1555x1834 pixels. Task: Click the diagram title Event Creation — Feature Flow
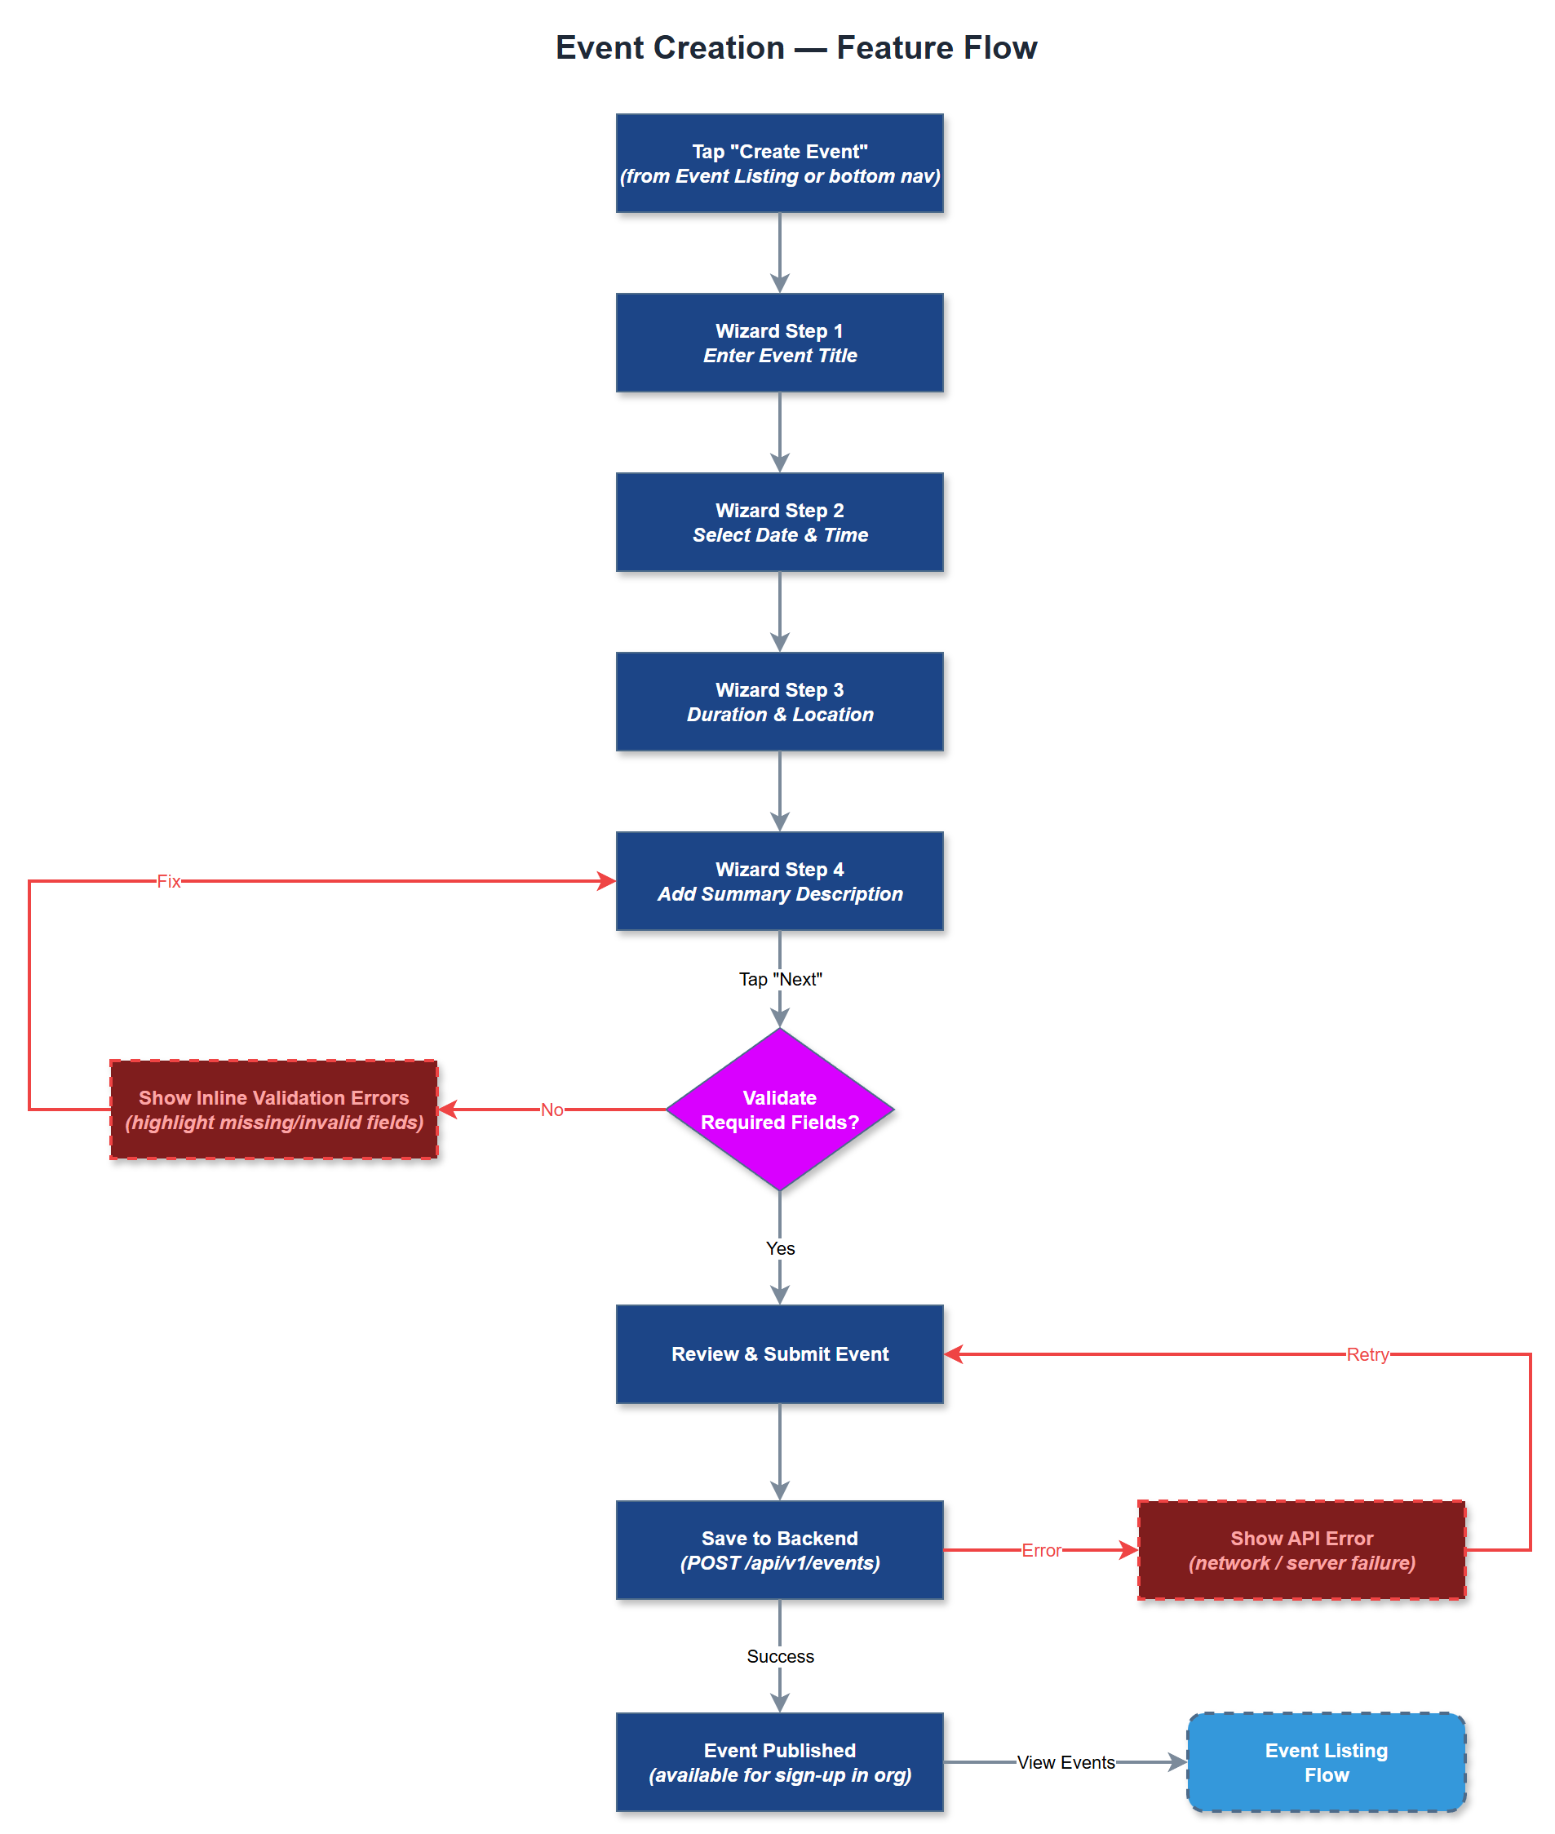click(795, 47)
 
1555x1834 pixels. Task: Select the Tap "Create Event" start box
click(779, 163)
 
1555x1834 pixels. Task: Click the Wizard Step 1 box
click(779, 343)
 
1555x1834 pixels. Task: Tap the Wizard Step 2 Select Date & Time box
click(779, 522)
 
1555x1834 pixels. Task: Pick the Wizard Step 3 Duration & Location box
click(779, 702)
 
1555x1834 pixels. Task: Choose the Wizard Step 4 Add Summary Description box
click(779, 880)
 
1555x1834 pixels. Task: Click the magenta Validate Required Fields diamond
click(779, 1110)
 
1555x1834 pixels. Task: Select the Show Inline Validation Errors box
click(273, 1110)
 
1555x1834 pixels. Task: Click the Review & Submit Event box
click(779, 1353)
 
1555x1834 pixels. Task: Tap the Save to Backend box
click(779, 1549)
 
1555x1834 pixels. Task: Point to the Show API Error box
click(1301, 1549)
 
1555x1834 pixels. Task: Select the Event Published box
click(779, 1761)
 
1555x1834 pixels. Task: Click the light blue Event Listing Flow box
click(1326, 1761)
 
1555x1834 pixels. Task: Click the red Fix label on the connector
click(168, 881)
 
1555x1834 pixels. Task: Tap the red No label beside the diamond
click(552, 1110)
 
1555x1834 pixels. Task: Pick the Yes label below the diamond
click(780, 1248)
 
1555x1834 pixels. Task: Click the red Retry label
click(1367, 1354)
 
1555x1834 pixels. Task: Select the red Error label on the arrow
click(1041, 1550)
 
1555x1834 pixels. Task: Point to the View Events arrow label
click(1065, 1761)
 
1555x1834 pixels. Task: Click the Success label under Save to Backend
click(780, 1656)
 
